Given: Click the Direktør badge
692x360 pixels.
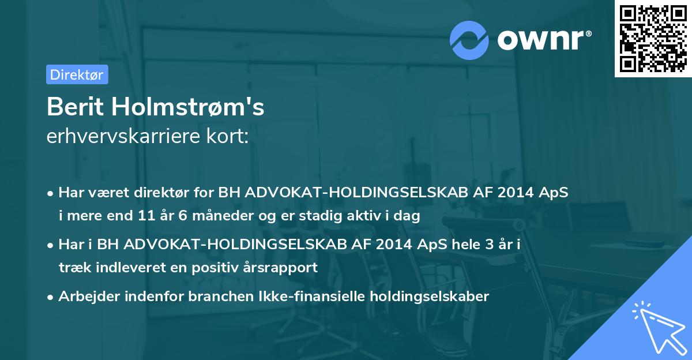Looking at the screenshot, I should pyautogui.click(x=77, y=74).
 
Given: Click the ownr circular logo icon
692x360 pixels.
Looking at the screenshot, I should pyautogui.click(x=469, y=40).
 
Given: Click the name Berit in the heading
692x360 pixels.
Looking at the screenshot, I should pyautogui.click(x=76, y=107).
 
